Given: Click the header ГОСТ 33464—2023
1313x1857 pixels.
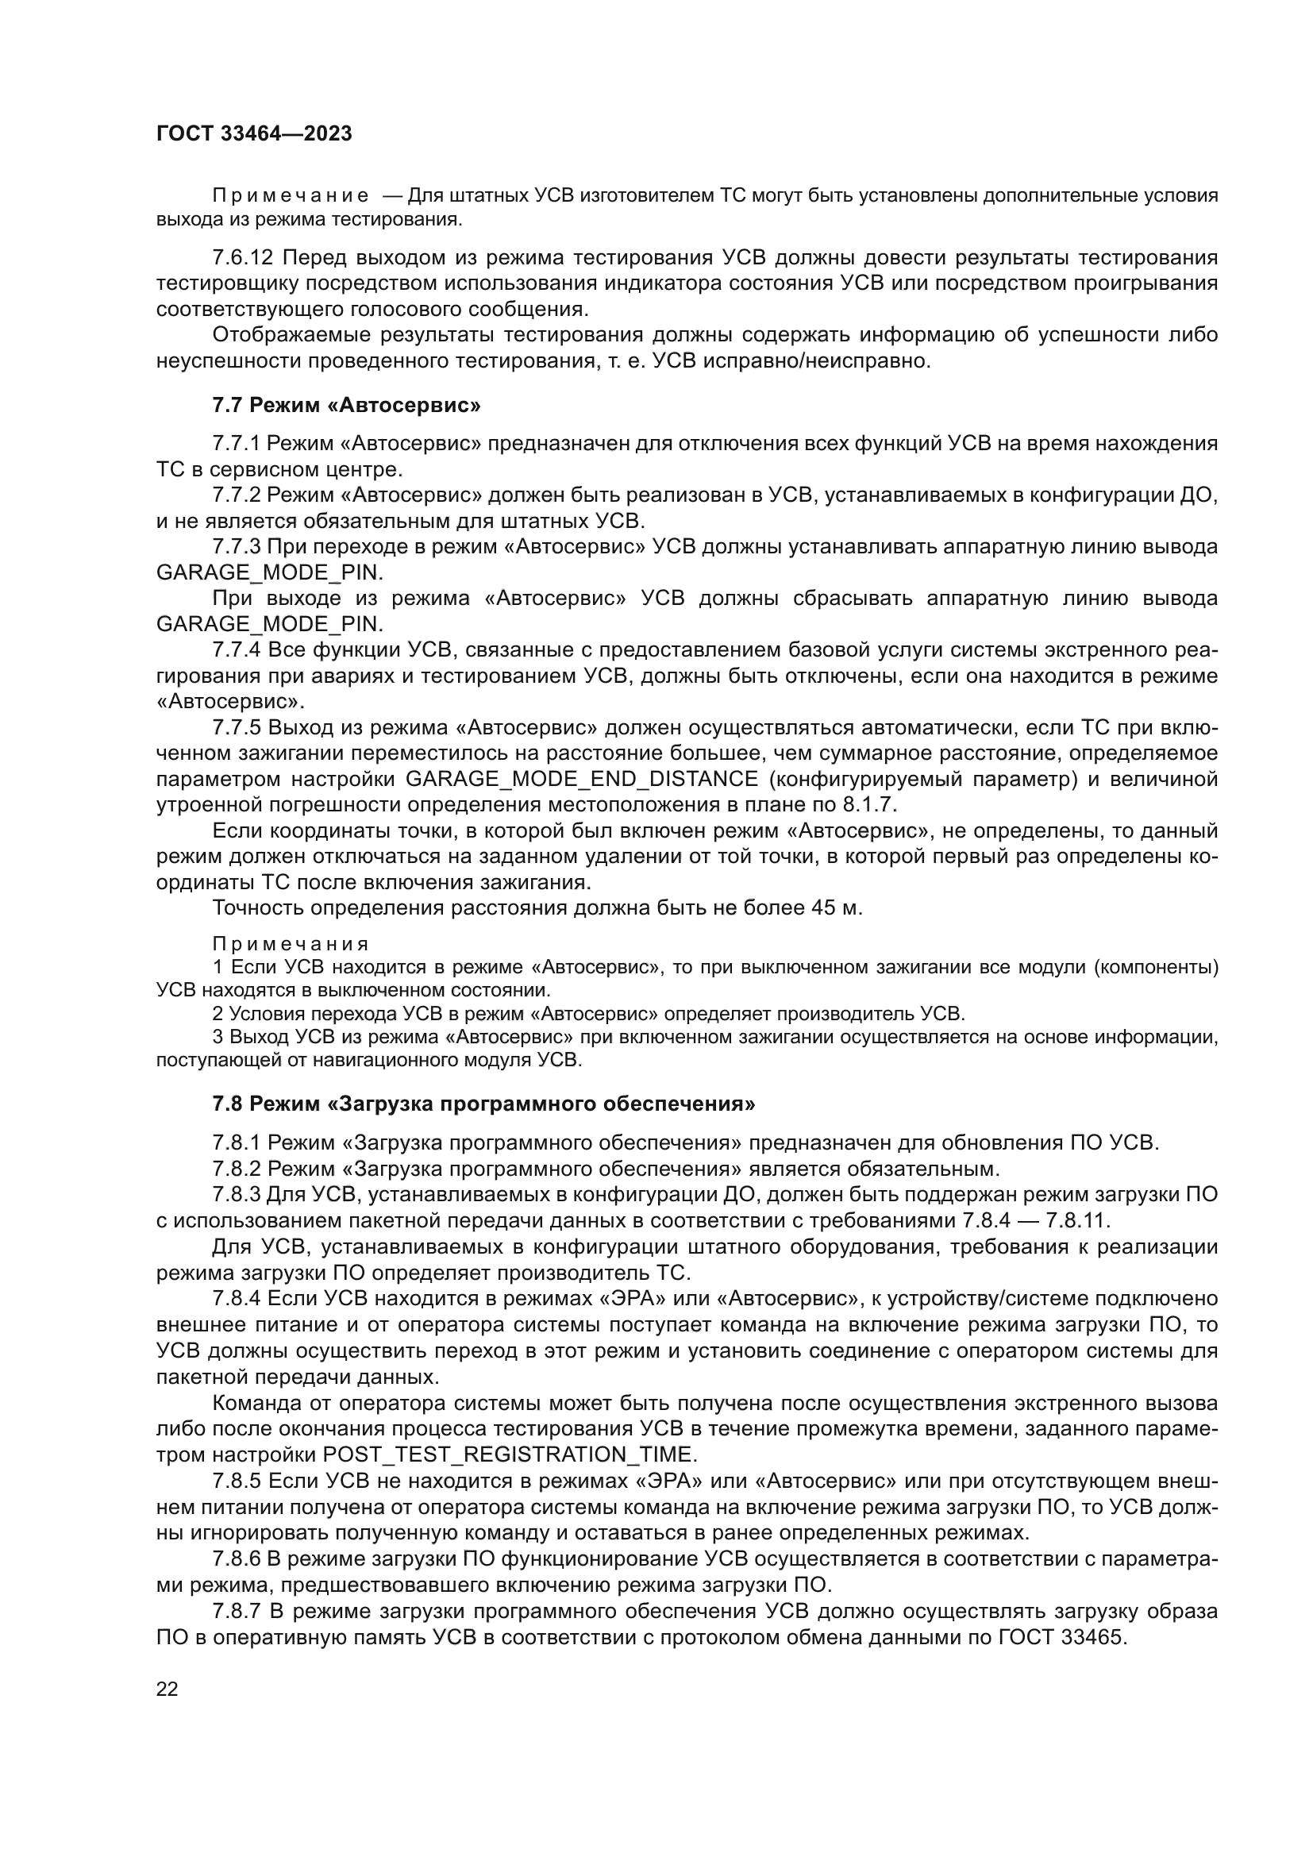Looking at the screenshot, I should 254,133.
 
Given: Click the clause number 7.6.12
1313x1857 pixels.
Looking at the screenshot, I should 243,258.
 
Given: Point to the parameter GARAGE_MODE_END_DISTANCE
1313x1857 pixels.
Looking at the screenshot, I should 581,779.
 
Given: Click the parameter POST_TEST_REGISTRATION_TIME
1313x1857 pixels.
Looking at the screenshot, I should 508,1455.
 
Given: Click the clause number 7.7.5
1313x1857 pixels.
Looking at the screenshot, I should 237,727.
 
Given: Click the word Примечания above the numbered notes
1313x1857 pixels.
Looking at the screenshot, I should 291,944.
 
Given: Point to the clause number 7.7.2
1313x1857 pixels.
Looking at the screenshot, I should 237,495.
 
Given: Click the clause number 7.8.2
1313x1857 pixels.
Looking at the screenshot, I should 237,1169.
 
